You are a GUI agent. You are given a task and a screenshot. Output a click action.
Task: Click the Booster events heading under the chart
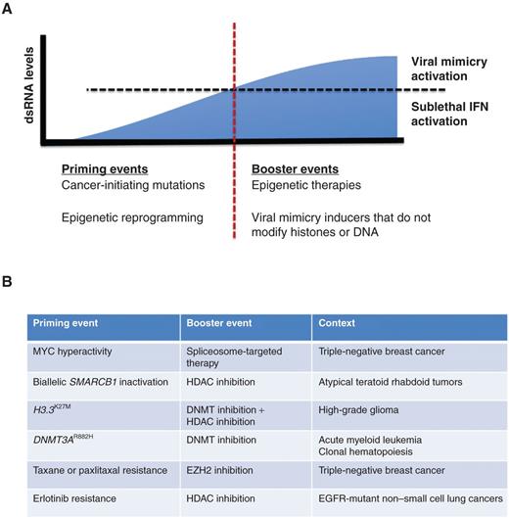pos(292,168)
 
